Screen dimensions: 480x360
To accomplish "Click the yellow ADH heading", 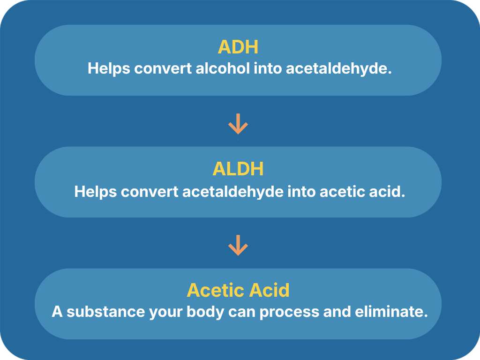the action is pos(238,47).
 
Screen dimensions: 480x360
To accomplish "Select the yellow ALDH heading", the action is pos(238,169).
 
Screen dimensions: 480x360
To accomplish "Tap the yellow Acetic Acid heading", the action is pos(238,290).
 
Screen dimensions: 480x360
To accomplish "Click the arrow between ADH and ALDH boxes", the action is pos(238,124).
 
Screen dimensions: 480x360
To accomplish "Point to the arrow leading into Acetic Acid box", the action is pos(238,245).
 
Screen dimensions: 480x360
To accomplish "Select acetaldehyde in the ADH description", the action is pos(338,68).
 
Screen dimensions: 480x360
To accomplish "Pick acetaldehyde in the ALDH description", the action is pos(232,192).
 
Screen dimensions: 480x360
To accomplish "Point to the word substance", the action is pos(106,312).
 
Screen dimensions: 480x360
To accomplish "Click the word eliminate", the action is pos(391,312).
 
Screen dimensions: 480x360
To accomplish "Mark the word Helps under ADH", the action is pos(109,68).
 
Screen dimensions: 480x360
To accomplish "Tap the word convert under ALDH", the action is pos(150,192).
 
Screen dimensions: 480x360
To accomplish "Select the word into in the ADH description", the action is pos(268,68).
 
